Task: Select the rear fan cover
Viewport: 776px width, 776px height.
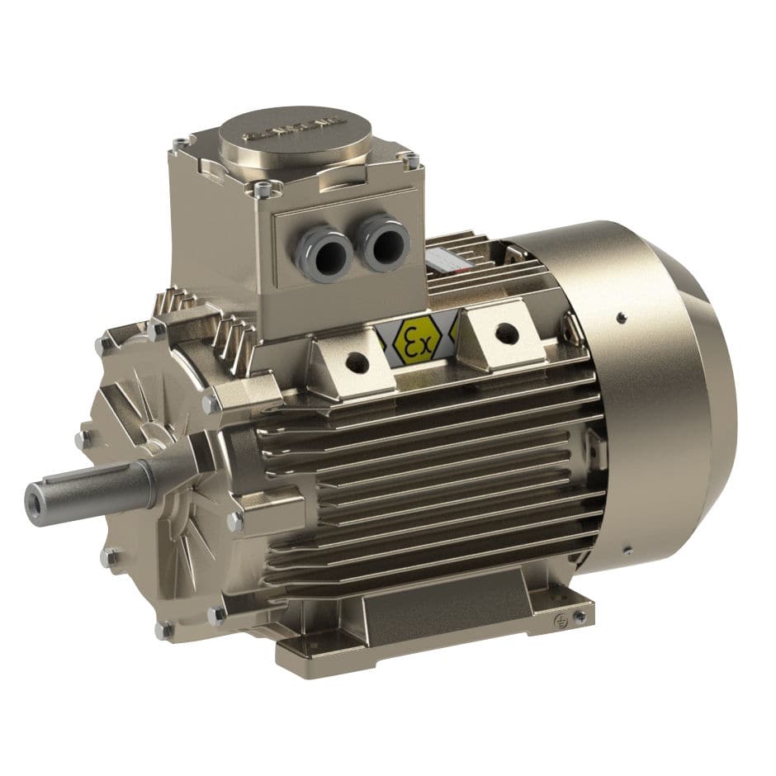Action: point(652,388)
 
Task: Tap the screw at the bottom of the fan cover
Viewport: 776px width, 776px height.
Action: point(627,550)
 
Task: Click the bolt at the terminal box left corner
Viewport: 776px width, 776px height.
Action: point(179,145)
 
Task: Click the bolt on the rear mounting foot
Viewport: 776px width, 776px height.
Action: point(581,615)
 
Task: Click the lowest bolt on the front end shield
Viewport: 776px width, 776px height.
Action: point(164,632)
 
